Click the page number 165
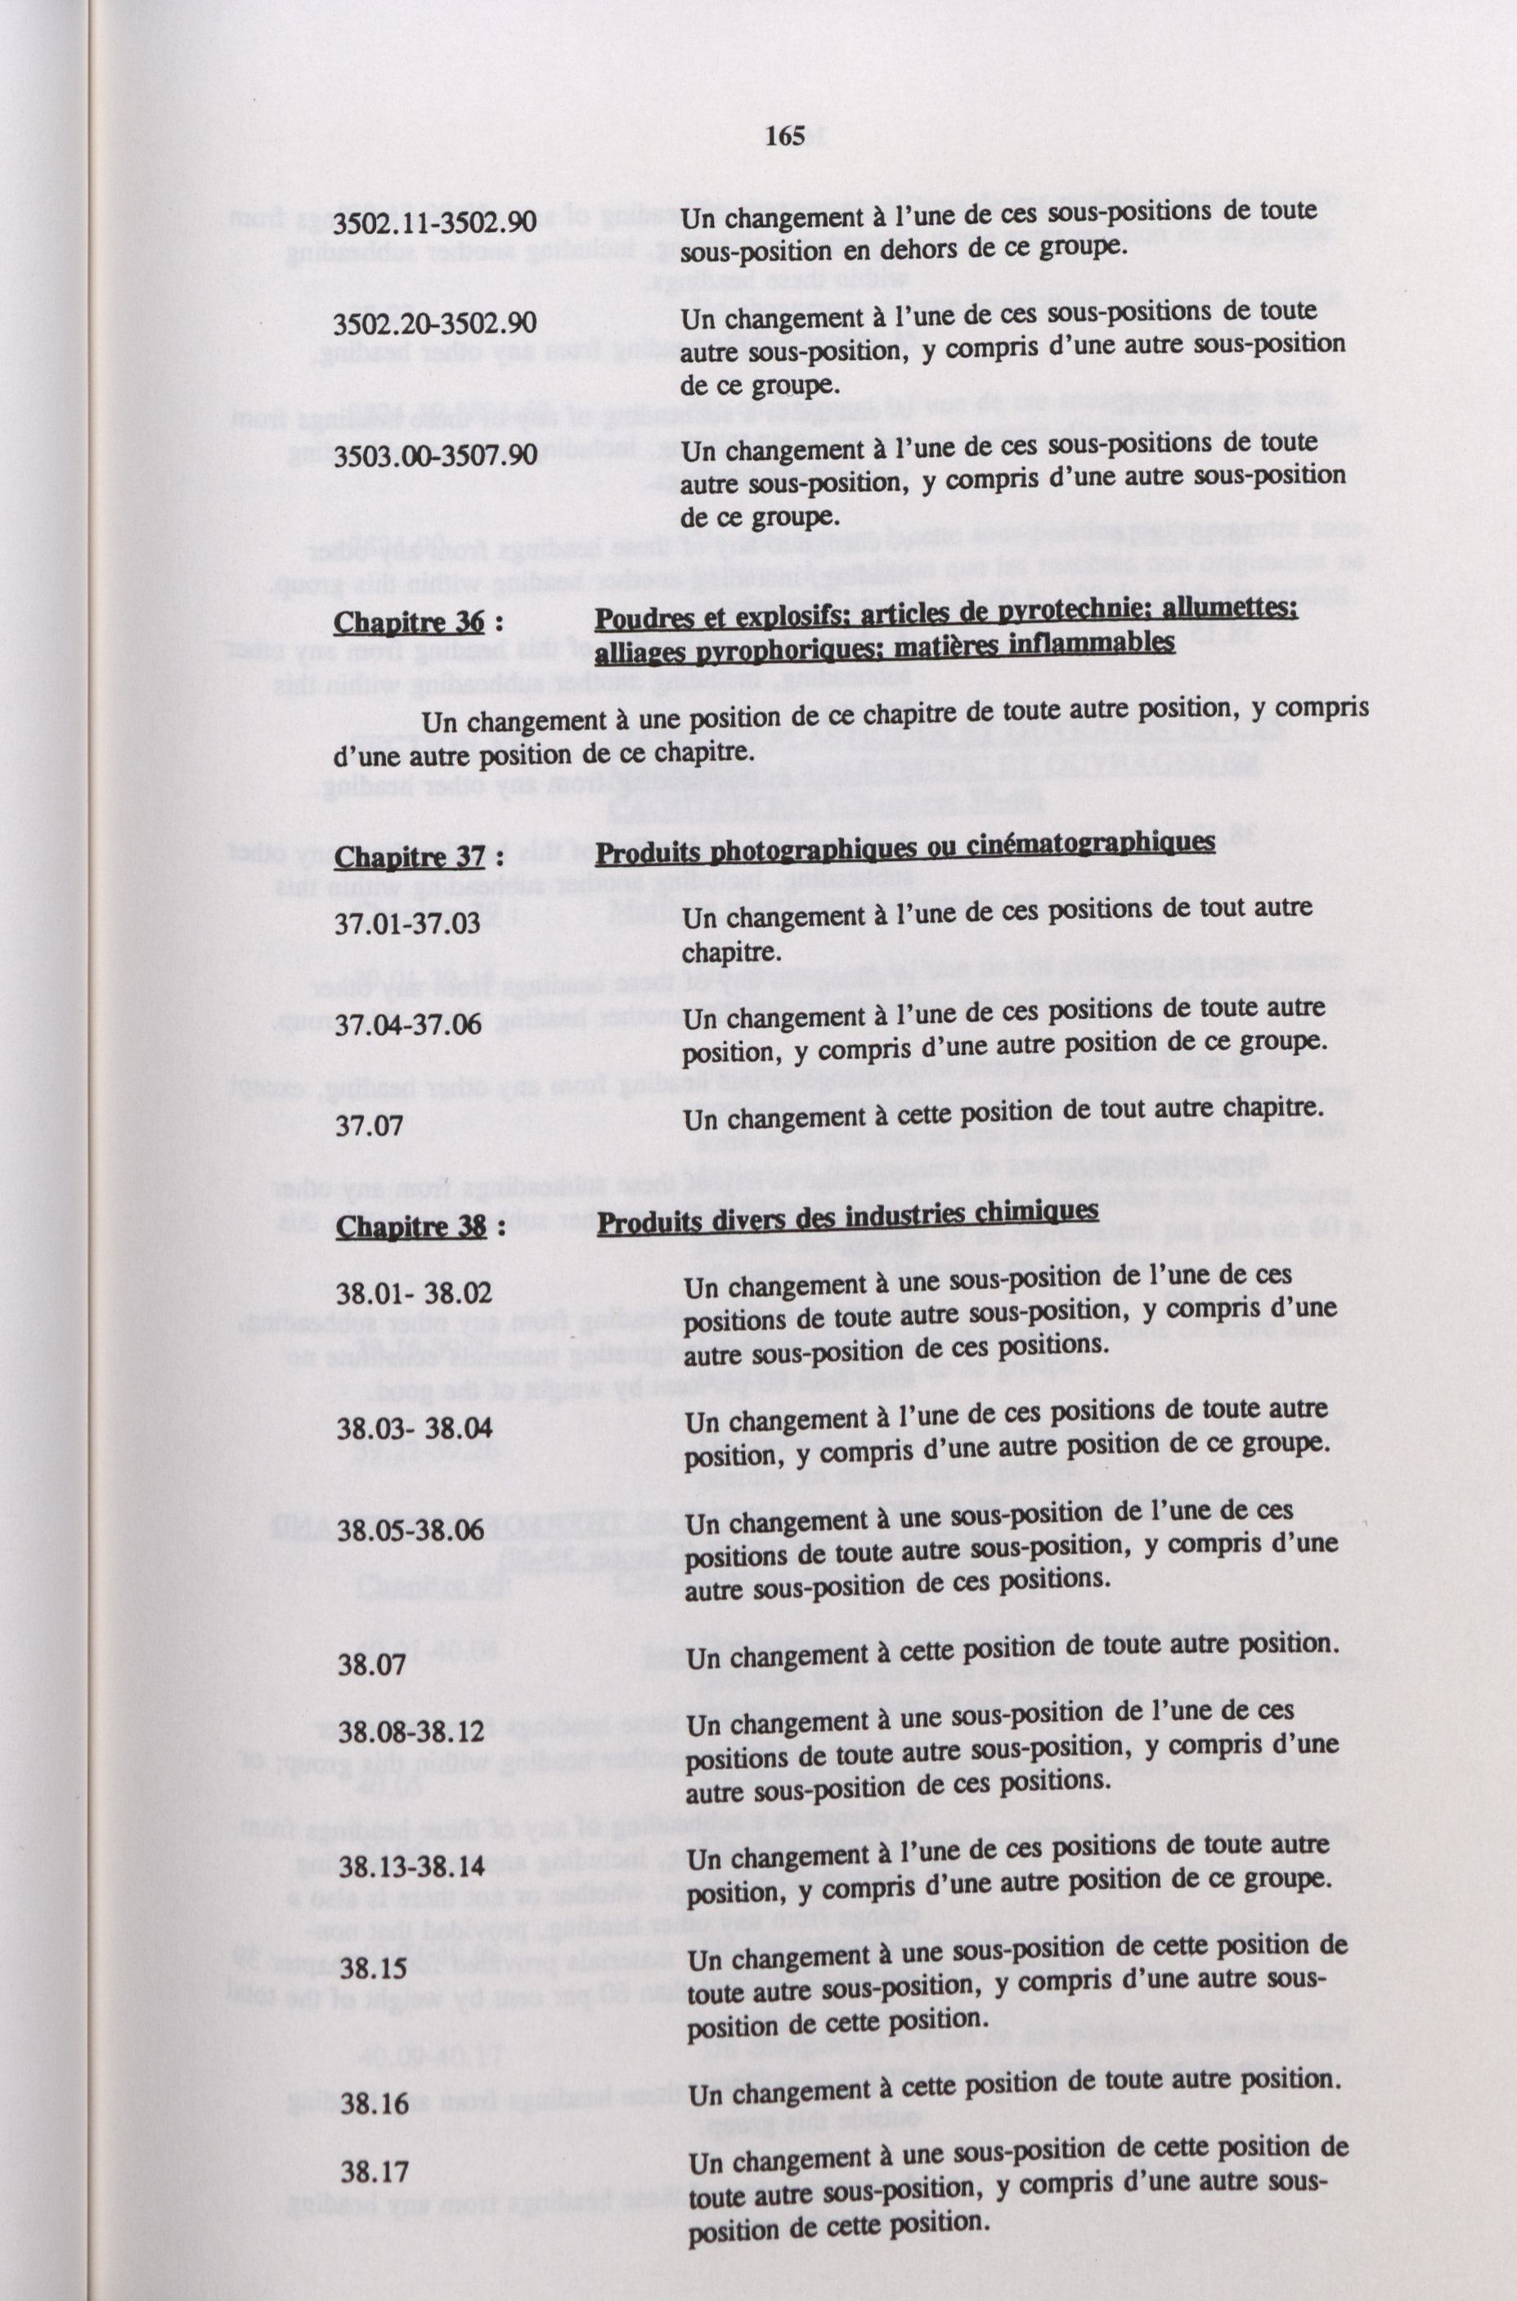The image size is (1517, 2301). click(x=783, y=137)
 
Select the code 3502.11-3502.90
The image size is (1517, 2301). click(x=434, y=222)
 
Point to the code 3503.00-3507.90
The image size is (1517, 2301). click(x=434, y=454)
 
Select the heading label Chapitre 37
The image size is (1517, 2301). click(x=409, y=857)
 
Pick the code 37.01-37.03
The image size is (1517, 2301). click(x=407, y=922)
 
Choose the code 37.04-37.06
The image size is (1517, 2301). click(x=407, y=1025)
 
